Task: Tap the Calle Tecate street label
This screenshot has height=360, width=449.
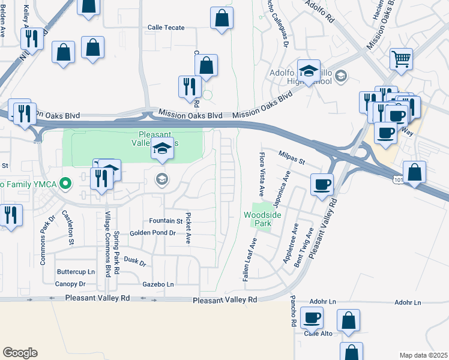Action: tap(166, 28)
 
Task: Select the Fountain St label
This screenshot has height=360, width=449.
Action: tap(166, 221)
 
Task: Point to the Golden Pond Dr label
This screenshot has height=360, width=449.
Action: tap(152, 233)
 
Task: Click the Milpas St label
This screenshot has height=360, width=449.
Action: tap(292, 158)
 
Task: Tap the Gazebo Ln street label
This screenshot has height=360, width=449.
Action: tap(158, 284)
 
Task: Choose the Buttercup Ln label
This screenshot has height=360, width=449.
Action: tap(76, 272)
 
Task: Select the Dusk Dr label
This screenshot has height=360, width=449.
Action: tap(135, 261)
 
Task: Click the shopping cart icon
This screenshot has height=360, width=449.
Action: tap(401, 59)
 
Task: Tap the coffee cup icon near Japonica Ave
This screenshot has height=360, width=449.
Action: tap(322, 184)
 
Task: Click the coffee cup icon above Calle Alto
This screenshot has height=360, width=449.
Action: tap(312, 317)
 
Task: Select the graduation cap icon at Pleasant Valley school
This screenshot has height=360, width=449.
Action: tap(161, 148)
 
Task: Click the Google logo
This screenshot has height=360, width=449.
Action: tap(20, 353)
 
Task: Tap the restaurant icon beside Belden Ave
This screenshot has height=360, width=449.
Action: tap(31, 38)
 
